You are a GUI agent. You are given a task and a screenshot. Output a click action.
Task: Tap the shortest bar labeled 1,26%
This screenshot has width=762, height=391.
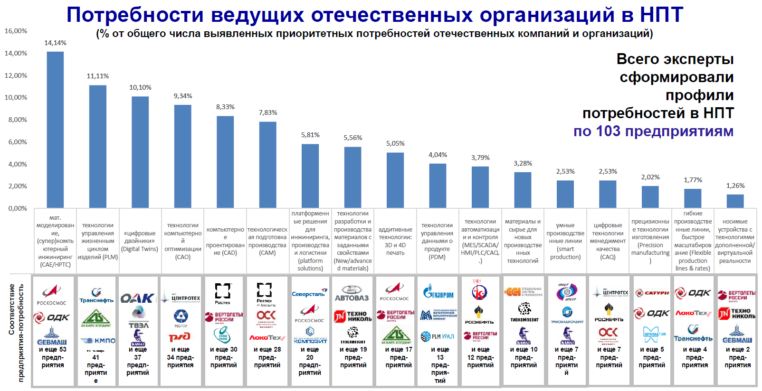click(735, 201)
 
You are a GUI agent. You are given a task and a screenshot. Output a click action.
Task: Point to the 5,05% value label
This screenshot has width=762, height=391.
click(395, 143)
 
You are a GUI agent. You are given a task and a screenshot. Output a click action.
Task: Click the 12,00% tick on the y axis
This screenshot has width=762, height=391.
click(16, 75)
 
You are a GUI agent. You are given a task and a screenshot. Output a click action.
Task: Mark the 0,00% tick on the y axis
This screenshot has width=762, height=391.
click(18, 208)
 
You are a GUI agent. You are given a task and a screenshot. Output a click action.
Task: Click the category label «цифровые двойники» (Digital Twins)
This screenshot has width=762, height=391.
click(140, 241)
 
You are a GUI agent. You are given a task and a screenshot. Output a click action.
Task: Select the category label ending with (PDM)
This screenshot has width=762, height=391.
click(437, 241)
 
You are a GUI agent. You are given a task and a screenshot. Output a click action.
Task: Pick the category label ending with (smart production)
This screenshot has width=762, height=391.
click(565, 241)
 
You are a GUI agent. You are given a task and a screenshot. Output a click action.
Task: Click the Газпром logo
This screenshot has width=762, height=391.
click(438, 291)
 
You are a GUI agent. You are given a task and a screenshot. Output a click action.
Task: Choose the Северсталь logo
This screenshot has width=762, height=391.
click(309, 293)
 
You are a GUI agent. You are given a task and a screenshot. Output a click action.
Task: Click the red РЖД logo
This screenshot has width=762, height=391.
click(180, 337)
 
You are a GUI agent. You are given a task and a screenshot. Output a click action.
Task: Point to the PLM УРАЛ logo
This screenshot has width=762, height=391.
click(438, 336)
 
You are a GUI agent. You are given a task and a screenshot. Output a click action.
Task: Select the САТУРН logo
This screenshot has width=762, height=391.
click(652, 293)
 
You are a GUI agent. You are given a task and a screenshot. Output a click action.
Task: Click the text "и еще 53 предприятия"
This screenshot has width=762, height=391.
click(53, 357)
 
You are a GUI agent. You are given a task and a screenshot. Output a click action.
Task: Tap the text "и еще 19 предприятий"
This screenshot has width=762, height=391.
click(353, 357)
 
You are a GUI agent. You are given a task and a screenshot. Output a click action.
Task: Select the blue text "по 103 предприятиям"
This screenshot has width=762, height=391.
click(653, 131)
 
